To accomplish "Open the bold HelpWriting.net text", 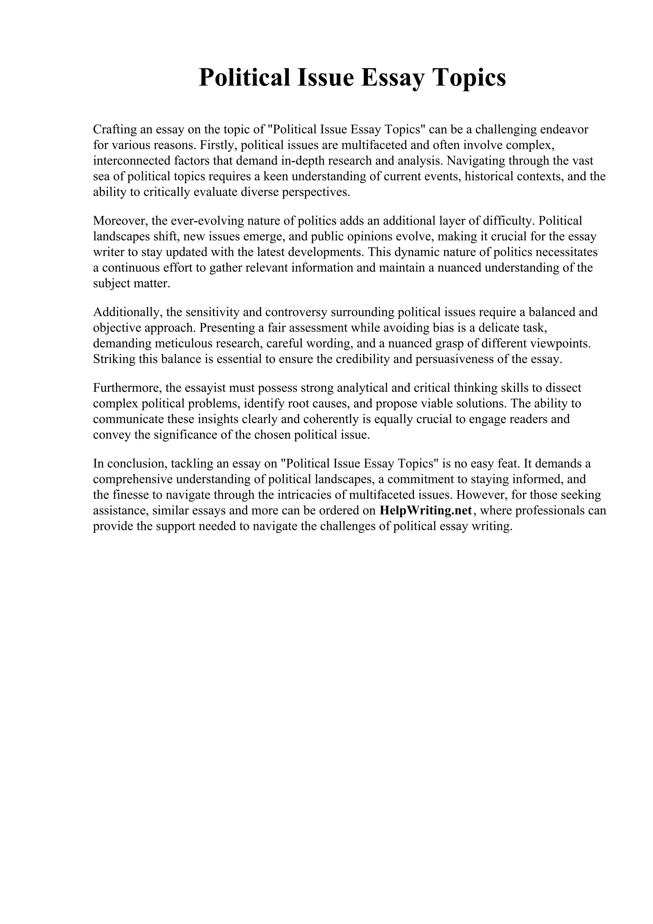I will pyautogui.click(x=425, y=511).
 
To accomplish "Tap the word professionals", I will pyautogui.click(x=550, y=511).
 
